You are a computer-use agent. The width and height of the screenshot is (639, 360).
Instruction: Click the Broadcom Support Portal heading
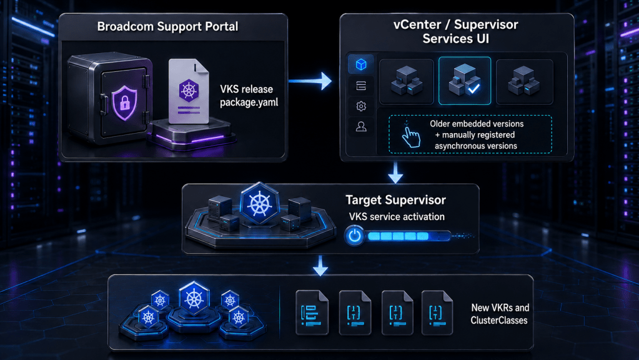click(167, 27)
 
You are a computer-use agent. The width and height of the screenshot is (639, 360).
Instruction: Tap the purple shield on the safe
click(124, 102)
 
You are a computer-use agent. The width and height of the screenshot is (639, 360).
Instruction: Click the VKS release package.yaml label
click(249, 96)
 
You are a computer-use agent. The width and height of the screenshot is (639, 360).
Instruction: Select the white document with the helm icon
click(189, 91)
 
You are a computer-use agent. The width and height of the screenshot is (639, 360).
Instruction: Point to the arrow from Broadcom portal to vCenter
click(310, 81)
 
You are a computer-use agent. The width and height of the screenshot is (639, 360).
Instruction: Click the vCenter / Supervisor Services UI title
click(455, 31)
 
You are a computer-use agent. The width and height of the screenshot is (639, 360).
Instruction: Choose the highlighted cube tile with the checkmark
click(465, 81)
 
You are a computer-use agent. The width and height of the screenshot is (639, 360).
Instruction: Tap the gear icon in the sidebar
click(361, 106)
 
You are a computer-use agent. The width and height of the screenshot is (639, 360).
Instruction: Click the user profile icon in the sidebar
click(361, 127)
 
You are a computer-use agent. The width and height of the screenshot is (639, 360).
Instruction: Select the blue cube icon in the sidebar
click(361, 64)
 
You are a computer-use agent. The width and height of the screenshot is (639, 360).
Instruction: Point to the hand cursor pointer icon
click(410, 135)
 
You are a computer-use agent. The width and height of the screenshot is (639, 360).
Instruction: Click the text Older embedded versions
click(477, 124)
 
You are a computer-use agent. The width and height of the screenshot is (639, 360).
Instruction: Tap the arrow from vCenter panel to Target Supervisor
click(395, 172)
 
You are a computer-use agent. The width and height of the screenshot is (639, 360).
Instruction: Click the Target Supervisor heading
click(396, 200)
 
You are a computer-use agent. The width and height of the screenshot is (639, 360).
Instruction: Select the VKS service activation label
click(397, 217)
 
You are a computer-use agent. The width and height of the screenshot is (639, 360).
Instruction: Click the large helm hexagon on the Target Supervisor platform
click(259, 204)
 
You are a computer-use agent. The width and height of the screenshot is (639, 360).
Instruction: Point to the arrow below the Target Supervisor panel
click(320, 266)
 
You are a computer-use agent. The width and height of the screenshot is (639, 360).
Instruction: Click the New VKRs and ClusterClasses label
click(500, 314)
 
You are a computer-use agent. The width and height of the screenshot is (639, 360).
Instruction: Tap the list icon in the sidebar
click(361, 86)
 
